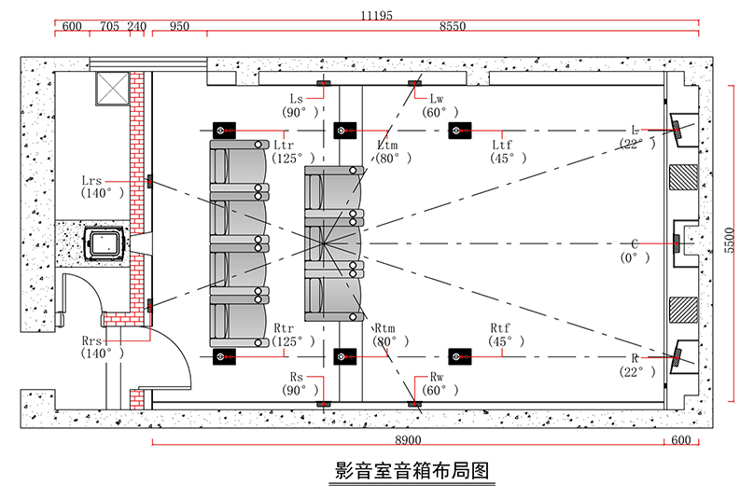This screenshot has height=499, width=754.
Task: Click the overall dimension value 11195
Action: (376, 15)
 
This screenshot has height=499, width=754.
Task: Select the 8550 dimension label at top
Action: (453, 26)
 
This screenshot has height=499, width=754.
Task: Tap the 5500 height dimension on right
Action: (730, 241)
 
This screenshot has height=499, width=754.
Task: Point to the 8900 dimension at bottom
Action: (408, 440)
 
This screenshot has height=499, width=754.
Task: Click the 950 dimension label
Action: (179, 26)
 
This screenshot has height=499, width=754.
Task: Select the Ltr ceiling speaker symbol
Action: (224, 131)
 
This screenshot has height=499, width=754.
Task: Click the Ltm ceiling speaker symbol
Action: (344, 131)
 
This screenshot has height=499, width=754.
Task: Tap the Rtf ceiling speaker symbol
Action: (460, 356)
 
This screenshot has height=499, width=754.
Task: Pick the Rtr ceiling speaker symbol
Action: (224, 356)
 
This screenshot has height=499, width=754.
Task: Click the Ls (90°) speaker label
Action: (300, 105)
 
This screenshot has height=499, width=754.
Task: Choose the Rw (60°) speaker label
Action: (440, 383)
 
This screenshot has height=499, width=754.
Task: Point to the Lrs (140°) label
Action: (102, 187)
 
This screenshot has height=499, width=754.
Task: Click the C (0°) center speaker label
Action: (635, 251)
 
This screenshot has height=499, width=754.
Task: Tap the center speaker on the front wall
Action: (677, 243)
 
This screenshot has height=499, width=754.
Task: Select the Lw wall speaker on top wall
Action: (414, 83)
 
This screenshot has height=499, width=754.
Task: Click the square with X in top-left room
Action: (113, 88)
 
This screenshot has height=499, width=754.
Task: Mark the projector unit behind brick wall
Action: (105, 243)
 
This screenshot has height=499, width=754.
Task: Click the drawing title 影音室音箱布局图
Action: (412, 471)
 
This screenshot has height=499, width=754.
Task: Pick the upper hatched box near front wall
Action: (683, 177)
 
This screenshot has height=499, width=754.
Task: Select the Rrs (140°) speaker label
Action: (102, 347)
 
